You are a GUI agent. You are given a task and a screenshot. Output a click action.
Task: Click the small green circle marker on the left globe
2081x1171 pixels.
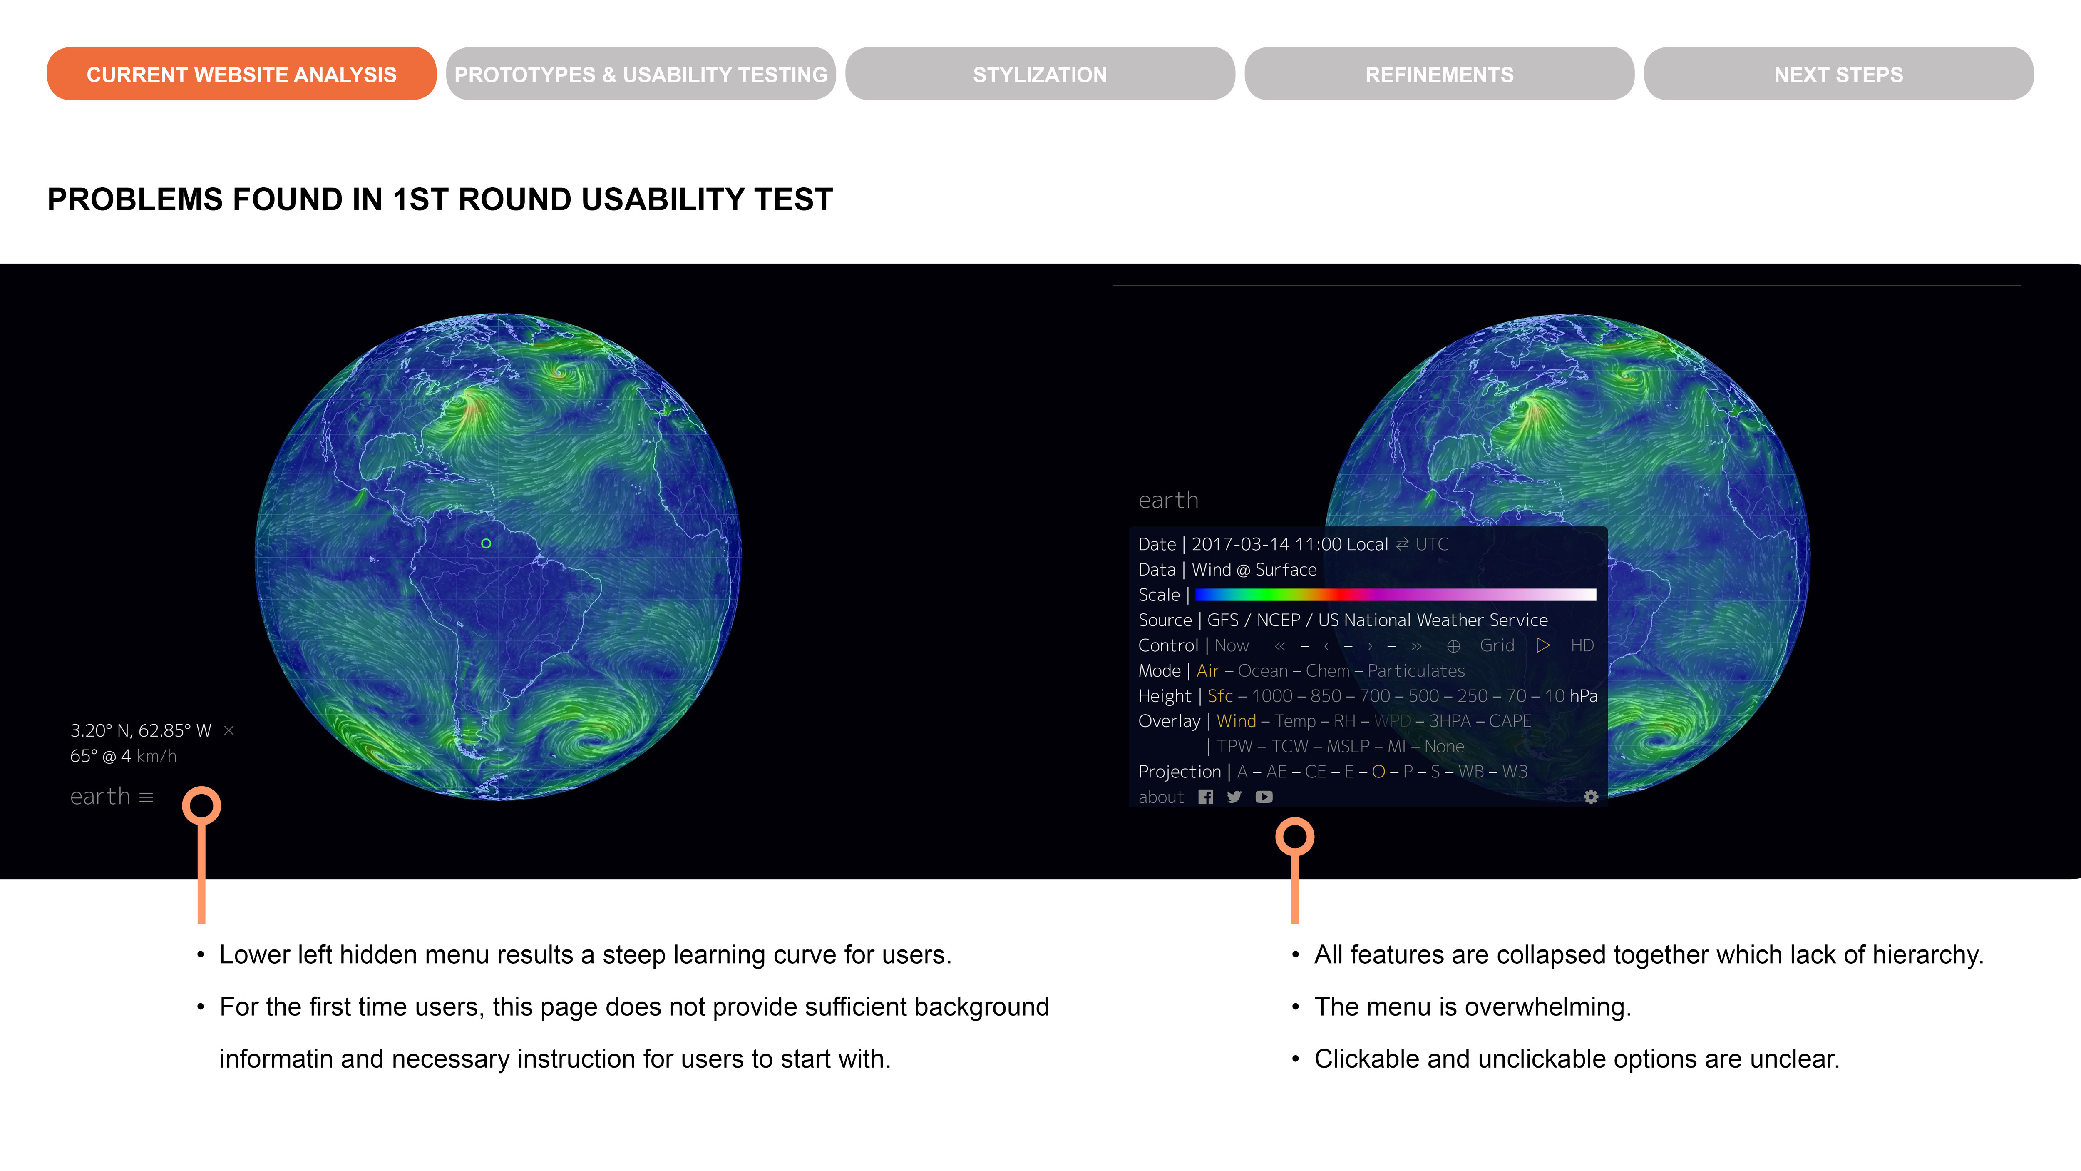click(486, 543)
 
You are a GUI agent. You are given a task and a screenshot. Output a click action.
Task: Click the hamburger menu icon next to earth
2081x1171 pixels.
click(146, 797)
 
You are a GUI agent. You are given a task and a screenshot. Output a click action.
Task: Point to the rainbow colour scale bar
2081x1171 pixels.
click(1395, 595)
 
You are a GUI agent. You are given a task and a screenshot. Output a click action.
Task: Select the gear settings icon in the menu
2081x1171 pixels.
click(1591, 797)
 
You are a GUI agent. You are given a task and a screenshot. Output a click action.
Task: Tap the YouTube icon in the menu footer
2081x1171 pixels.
click(1264, 797)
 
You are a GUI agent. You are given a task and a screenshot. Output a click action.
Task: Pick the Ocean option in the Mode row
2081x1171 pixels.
click(1263, 671)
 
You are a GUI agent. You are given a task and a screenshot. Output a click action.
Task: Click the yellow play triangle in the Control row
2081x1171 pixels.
click(1543, 645)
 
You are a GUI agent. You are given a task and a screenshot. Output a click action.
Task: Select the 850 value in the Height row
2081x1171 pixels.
click(1326, 696)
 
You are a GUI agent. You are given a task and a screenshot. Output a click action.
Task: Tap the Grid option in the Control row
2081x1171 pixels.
click(1497, 645)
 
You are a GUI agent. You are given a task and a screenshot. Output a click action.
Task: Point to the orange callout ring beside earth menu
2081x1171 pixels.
click(201, 788)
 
